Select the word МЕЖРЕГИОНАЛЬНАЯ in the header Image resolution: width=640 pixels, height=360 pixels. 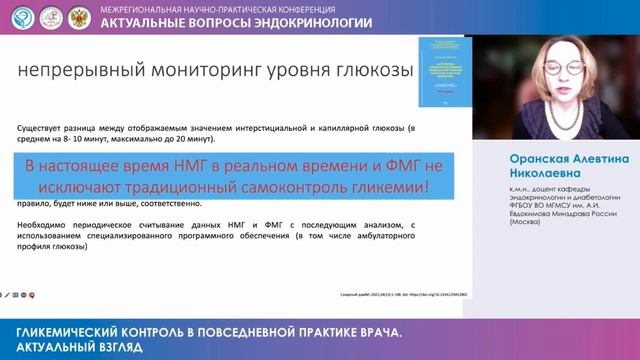click(x=140, y=8)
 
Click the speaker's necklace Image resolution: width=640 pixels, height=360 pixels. click(x=562, y=125)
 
